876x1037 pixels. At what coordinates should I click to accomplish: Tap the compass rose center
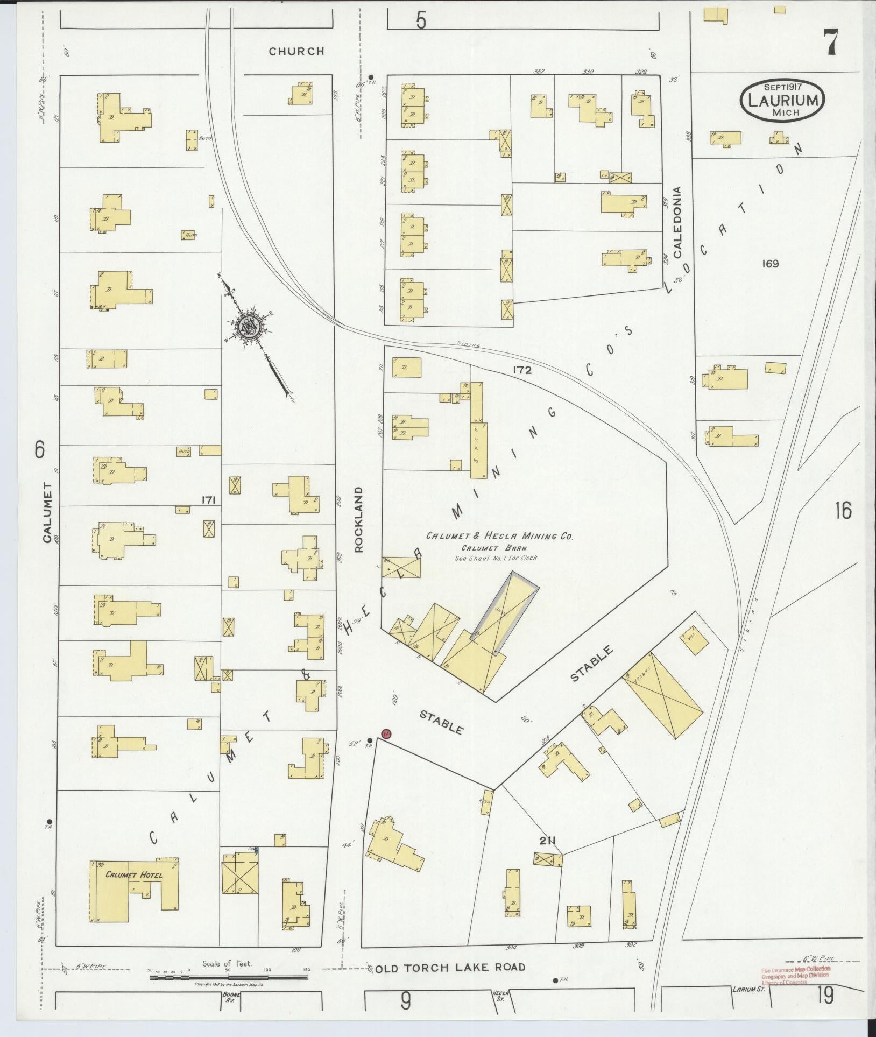(x=249, y=325)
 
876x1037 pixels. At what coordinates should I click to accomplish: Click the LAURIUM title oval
(x=782, y=101)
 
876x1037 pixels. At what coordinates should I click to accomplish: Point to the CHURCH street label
(x=296, y=52)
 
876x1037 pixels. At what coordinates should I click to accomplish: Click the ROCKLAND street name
(x=359, y=519)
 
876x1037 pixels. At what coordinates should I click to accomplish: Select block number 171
(x=209, y=500)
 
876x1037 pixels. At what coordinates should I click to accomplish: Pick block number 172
(x=522, y=370)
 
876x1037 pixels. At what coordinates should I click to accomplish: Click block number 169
(x=770, y=264)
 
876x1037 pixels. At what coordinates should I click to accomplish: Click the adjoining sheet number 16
(x=843, y=510)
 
